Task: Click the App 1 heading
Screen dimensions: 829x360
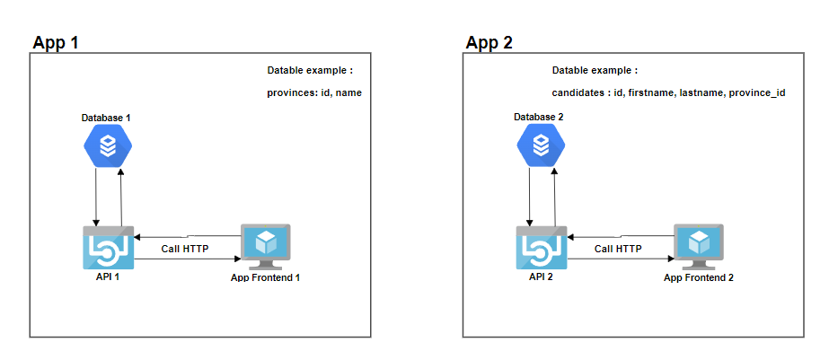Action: [x=56, y=42]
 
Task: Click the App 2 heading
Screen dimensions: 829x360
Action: [x=489, y=42]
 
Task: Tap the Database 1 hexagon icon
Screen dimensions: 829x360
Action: [x=108, y=146]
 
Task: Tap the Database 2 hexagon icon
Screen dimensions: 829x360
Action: [x=541, y=146]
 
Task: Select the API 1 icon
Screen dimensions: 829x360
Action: [x=108, y=248]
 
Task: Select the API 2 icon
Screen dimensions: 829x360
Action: [x=541, y=248]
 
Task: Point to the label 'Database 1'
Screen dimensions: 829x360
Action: [x=106, y=118]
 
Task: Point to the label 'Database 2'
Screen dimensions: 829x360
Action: [x=539, y=118]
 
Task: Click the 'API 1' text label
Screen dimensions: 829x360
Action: [x=108, y=277]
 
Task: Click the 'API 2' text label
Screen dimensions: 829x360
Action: [x=541, y=277]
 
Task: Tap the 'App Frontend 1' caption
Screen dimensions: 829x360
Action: [x=266, y=277]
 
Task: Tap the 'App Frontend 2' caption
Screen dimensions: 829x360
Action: [x=699, y=277]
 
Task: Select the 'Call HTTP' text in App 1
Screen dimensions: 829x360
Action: [x=185, y=249]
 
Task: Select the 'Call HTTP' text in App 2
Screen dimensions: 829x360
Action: [x=618, y=249]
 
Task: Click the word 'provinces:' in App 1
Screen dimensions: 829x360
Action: [x=292, y=93]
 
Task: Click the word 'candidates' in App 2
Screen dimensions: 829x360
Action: [x=578, y=93]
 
